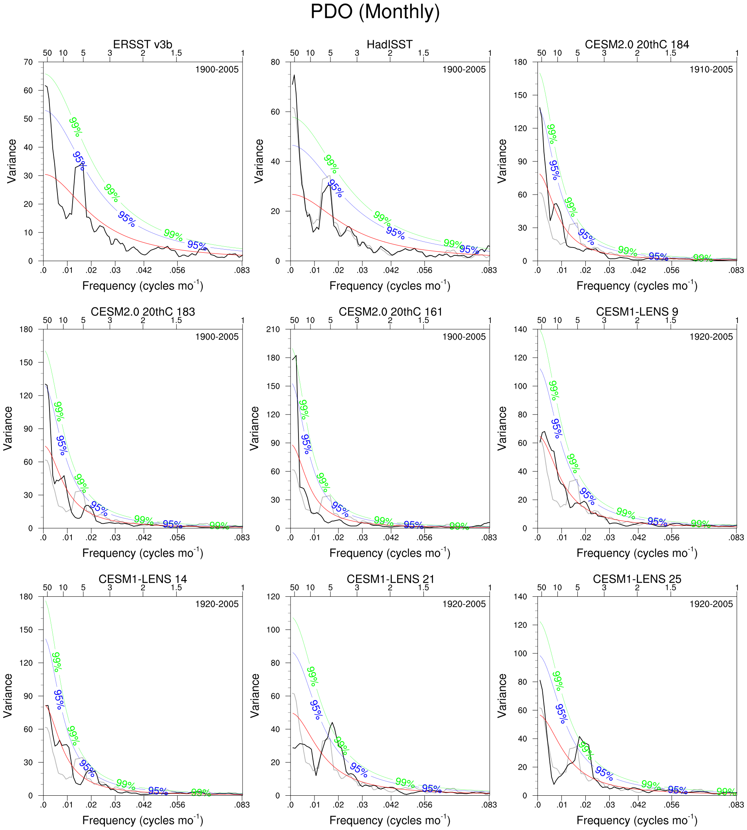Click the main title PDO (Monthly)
click(375, 12)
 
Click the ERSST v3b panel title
click(142, 44)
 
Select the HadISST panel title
click(389, 44)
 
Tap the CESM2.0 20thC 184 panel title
click(636, 44)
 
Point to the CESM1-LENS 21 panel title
click(390, 579)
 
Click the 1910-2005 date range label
click(711, 70)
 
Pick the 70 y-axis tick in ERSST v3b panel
click(28, 62)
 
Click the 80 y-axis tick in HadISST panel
click(275, 62)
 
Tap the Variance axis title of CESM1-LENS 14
click(8, 696)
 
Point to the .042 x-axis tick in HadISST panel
click(391, 270)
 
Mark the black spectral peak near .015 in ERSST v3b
click(82, 164)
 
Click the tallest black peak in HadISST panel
click(294, 75)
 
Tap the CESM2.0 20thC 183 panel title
click(142, 312)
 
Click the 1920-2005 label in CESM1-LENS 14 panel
click(217, 604)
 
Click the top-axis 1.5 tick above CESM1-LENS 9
click(671, 320)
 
